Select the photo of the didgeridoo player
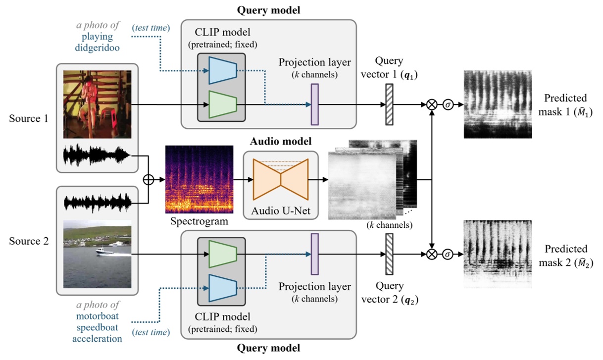pos(97,104)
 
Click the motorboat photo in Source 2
pos(97,253)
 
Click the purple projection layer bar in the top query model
pos(314,104)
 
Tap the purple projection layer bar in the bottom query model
pos(314,254)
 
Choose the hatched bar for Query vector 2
pos(389,254)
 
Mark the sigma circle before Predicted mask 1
pos(448,105)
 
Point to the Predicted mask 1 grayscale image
pos(498,104)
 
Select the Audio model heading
pos(280,142)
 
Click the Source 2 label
pos(28,241)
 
